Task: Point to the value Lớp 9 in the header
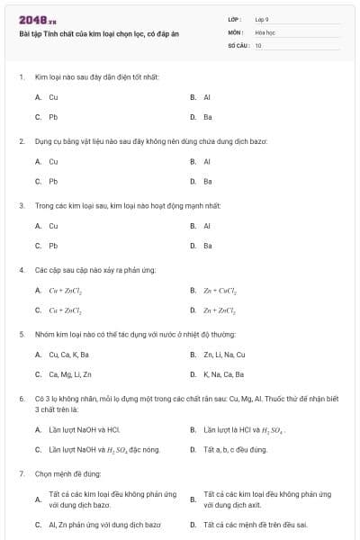pos(261,18)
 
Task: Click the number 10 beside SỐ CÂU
pos(258,44)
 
